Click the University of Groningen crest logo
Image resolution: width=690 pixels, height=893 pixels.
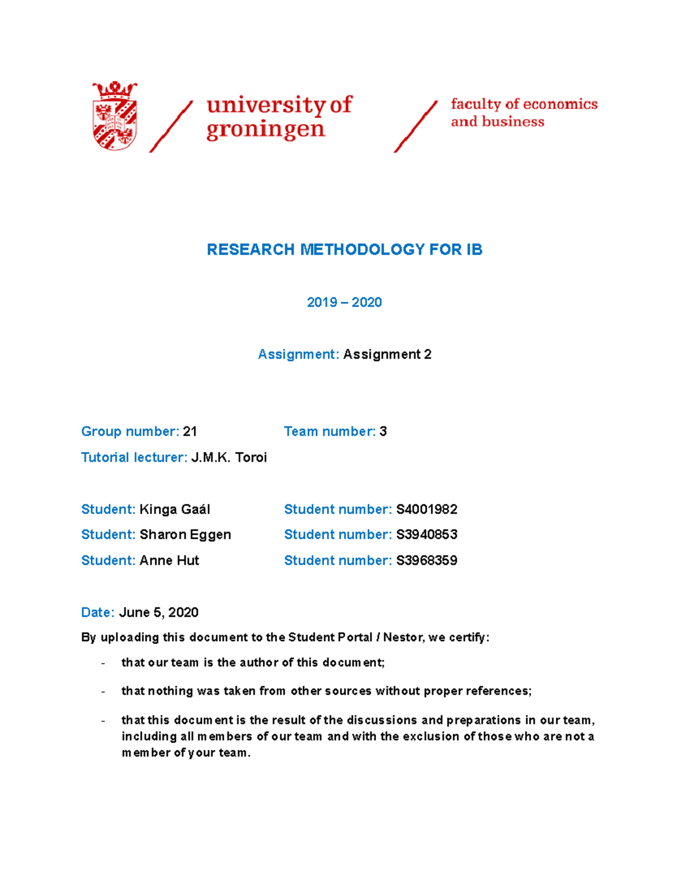(x=115, y=116)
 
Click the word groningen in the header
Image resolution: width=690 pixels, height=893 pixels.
(x=266, y=129)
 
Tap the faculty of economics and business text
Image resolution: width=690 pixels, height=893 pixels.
(x=523, y=113)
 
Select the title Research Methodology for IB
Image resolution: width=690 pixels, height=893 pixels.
(x=344, y=250)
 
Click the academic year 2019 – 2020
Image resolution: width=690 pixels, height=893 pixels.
(x=344, y=302)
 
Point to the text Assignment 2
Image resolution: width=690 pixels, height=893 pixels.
(x=387, y=354)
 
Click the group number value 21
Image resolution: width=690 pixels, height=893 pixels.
(x=190, y=431)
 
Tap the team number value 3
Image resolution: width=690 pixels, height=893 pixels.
(x=383, y=431)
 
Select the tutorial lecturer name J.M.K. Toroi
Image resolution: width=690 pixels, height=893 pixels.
(x=229, y=457)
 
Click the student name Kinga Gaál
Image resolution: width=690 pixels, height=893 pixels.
(x=175, y=509)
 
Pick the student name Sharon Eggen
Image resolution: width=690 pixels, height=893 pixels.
(x=185, y=535)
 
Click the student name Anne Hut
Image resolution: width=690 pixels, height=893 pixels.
(x=169, y=561)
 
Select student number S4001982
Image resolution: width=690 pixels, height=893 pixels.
(x=427, y=509)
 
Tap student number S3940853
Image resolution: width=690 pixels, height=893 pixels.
(x=427, y=535)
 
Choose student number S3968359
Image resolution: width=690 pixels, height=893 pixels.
(x=427, y=561)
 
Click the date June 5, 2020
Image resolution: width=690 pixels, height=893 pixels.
(x=159, y=612)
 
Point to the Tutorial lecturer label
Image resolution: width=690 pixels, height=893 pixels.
(x=134, y=457)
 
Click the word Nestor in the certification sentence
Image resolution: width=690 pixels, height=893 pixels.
(x=402, y=637)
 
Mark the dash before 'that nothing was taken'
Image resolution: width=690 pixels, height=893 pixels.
(x=103, y=692)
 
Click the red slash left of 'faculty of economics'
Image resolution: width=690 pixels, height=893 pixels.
(x=415, y=127)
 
